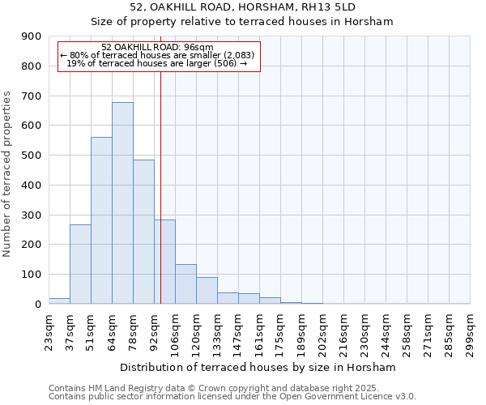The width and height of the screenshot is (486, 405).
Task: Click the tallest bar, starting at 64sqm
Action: [122, 202]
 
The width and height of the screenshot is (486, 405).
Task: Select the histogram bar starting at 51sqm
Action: [101, 220]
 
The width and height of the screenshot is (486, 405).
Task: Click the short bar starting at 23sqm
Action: [59, 301]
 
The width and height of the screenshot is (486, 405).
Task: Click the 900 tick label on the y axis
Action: [32, 36]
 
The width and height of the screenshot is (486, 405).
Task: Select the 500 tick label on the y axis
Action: [32, 156]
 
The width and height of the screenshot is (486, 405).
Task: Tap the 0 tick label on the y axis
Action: [37, 304]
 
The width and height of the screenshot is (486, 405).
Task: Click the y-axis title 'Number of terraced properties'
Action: [8, 174]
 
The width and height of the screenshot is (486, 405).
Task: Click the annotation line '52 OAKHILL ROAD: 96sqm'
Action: [159, 47]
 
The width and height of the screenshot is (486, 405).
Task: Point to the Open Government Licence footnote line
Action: [232, 396]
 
